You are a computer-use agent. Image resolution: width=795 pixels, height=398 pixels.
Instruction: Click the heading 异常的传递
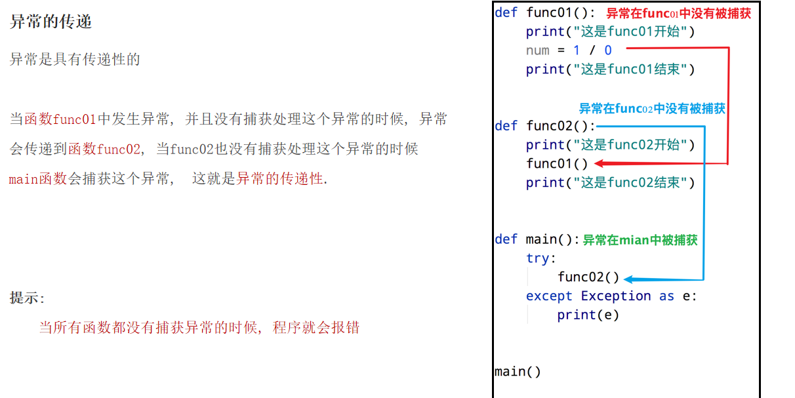51,22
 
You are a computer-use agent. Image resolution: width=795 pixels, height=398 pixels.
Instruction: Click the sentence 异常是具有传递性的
75,60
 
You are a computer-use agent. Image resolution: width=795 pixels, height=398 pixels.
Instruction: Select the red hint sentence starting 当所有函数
199,327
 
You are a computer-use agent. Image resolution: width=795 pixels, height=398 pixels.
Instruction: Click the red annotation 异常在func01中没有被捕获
678,13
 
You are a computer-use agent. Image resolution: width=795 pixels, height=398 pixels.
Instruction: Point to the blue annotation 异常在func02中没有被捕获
651,109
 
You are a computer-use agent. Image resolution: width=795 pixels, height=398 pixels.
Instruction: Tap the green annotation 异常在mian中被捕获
640,240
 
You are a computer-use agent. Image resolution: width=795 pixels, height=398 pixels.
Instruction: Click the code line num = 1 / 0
569,50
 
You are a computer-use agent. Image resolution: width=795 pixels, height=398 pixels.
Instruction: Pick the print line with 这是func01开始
609,31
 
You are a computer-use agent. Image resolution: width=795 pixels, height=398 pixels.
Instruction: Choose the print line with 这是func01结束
609,70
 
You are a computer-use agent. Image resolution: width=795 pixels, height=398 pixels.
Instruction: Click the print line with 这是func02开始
609,145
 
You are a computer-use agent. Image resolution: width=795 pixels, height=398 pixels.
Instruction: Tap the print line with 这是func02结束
609,183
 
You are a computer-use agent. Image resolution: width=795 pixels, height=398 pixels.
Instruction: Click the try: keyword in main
540,258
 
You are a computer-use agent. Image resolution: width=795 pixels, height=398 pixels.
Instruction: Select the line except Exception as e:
611,296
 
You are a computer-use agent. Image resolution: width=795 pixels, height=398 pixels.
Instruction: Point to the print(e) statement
588,315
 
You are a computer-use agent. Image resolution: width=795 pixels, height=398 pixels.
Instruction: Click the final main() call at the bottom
518,372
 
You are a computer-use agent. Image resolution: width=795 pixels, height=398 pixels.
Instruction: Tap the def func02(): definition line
545,126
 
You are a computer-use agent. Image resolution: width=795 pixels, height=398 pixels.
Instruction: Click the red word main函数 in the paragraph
38,178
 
